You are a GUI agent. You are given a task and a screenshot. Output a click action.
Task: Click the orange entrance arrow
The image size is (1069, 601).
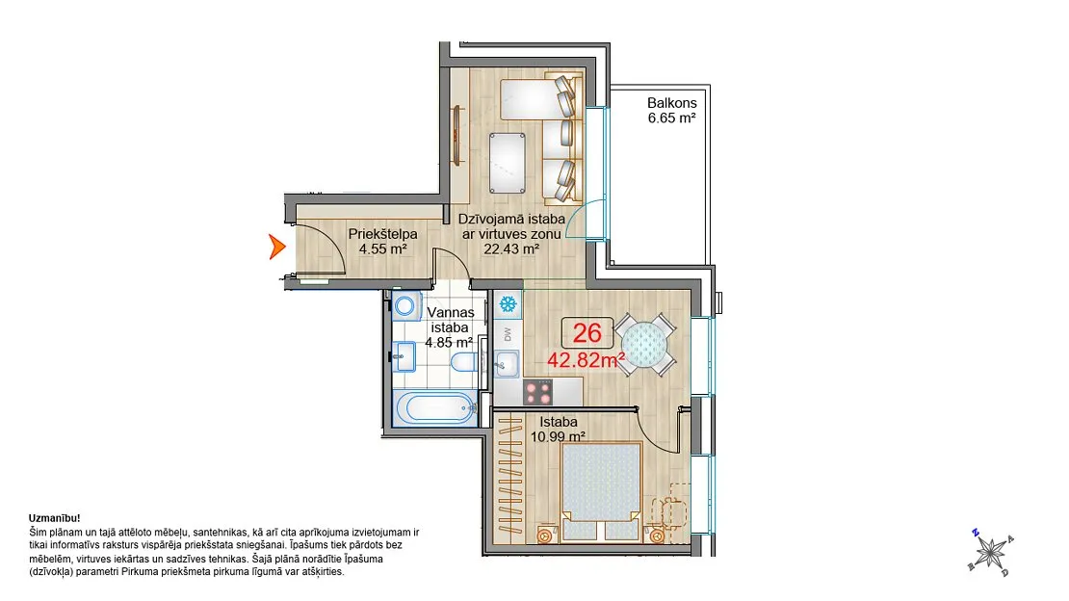(x=276, y=247)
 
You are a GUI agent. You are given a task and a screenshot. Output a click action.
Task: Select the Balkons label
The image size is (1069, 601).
(x=671, y=103)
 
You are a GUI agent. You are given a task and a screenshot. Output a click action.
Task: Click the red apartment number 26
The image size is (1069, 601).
(x=587, y=333)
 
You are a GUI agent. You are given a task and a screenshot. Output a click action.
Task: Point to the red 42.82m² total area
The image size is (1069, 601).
(x=587, y=359)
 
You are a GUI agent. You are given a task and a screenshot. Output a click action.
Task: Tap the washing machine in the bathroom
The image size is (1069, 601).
(x=406, y=305)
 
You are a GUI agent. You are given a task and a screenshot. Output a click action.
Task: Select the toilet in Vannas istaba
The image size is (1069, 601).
(x=466, y=361)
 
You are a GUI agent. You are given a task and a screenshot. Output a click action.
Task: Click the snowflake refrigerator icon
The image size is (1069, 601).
(x=508, y=303)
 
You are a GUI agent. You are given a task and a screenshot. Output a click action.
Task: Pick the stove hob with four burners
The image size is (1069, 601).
(x=538, y=392)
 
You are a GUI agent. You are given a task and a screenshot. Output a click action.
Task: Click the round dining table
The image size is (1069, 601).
(x=644, y=345)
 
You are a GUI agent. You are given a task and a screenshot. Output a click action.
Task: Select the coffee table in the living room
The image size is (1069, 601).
(x=508, y=163)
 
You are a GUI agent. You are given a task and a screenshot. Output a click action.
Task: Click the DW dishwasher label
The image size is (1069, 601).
(x=508, y=334)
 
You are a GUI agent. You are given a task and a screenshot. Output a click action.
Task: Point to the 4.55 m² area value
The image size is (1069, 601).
(x=383, y=249)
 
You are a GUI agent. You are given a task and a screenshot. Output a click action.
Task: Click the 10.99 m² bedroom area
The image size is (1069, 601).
(x=558, y=436)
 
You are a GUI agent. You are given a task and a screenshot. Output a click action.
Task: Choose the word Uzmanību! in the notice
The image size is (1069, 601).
(x=55, y=518)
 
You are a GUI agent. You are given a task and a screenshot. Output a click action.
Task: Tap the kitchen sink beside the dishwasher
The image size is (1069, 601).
(x=507, y=364)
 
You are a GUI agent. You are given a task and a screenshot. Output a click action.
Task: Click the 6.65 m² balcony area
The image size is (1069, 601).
(x=671, y=118)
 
